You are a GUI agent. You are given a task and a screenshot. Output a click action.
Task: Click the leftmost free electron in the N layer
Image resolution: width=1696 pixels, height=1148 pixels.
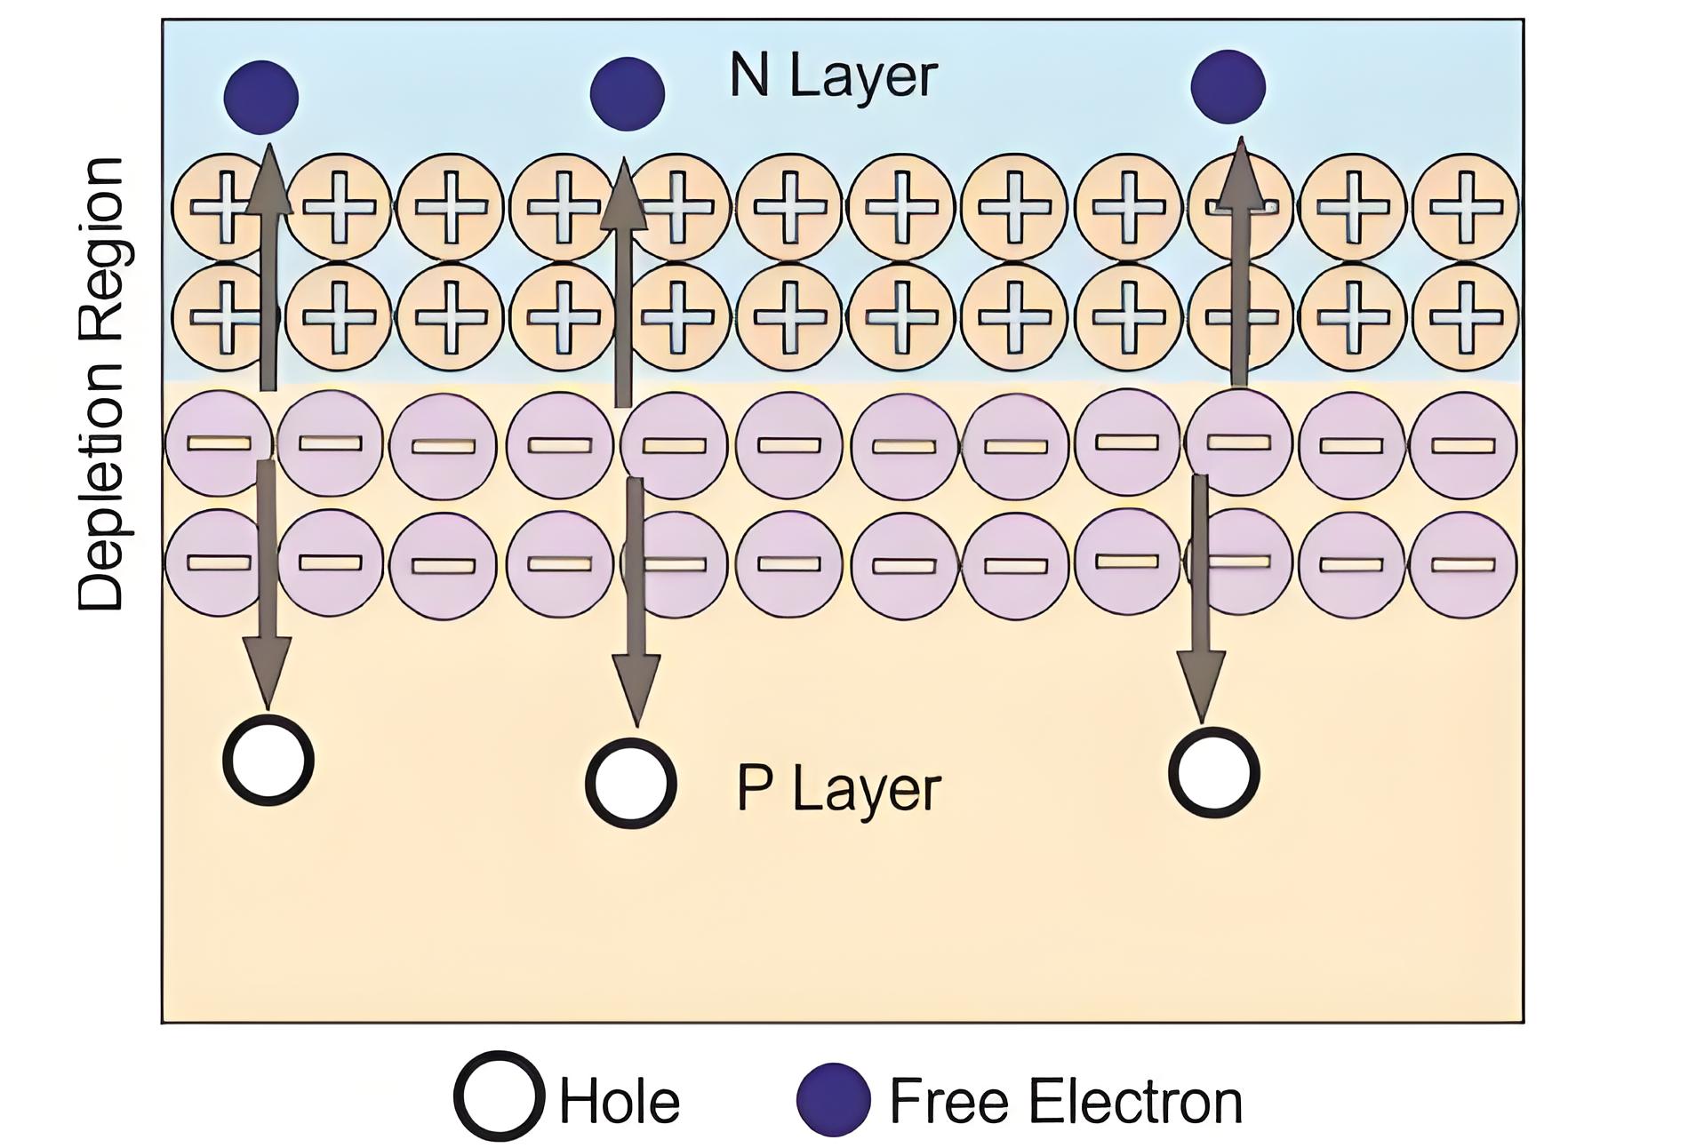(x=260, y=97)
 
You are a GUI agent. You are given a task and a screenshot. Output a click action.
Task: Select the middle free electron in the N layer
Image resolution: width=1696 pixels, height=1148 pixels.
(x=627, y=93)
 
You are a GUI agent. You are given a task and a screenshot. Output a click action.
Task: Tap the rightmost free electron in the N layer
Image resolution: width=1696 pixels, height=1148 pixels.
(x=1228, y=86)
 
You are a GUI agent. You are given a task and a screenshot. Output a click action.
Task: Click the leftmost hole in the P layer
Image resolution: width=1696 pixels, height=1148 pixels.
(x=268, y=761)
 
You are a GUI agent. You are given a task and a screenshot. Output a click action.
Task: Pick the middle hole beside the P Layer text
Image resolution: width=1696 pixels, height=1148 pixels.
(x=631, y=784)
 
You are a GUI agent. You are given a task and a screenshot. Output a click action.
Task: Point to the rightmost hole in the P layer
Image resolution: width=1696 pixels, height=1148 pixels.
(x=1213, y=773)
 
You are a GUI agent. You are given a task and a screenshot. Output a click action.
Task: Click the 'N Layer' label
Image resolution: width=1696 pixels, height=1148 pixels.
(x=833, y=76)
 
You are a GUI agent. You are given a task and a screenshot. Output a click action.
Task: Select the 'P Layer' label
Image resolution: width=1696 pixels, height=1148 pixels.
(x=838, y=789)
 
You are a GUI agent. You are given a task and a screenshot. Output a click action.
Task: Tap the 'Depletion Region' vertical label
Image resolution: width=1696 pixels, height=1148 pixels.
(x=100, y=384)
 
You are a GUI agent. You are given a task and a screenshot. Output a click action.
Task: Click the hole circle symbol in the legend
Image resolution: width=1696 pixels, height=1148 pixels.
(x=499, y=1096)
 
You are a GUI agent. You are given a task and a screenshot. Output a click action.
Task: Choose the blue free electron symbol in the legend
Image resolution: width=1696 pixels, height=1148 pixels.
(x=833, y=1099)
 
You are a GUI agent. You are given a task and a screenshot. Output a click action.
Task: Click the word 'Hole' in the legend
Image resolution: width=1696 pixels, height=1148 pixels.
(x=619, y=1102)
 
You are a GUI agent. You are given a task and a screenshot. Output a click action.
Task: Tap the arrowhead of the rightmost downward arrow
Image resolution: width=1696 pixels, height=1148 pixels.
(x=1202, y=686)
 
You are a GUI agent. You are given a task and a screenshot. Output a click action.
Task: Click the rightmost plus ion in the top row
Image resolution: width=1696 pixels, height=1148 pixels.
(x=1464, y=207)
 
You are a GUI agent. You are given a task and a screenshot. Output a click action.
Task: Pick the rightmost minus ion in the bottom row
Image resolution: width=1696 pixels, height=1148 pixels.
(x=1463, y=563)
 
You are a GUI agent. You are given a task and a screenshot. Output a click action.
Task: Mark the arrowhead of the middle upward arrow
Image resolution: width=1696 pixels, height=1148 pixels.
(x=624, y=193)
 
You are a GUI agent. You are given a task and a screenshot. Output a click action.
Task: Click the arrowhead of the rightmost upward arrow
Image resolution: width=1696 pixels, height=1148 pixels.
(x=1241, y=173)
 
